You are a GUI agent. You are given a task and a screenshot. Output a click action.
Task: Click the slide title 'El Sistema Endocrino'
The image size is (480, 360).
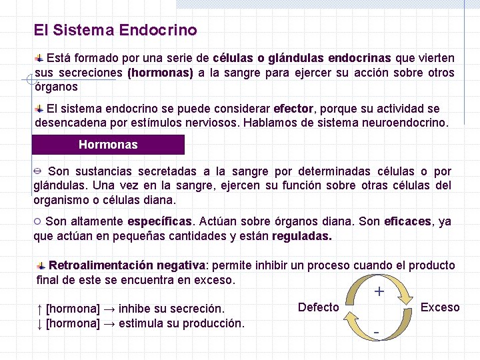115,31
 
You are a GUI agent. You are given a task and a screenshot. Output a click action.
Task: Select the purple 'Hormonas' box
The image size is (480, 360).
108,145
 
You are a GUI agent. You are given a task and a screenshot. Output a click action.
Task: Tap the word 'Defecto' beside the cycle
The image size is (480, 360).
318,307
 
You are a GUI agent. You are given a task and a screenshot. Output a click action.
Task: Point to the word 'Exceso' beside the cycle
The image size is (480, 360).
440,307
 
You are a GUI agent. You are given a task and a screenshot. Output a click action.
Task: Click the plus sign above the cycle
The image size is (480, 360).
379,291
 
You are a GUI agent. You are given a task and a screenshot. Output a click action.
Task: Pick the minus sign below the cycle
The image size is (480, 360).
377,331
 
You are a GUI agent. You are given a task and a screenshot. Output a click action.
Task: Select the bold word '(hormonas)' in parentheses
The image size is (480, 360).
160,73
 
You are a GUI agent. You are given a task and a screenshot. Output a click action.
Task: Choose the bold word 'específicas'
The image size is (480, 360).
159,221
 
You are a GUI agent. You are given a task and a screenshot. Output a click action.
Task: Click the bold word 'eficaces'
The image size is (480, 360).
408,221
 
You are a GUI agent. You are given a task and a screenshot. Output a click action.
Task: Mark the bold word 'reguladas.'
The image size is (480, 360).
302,236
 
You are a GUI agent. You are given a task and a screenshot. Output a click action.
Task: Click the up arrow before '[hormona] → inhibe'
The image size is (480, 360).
40,309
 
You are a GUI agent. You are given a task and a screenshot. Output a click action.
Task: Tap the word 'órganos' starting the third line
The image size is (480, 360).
56,87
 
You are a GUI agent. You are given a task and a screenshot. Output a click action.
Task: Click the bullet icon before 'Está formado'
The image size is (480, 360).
40,59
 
